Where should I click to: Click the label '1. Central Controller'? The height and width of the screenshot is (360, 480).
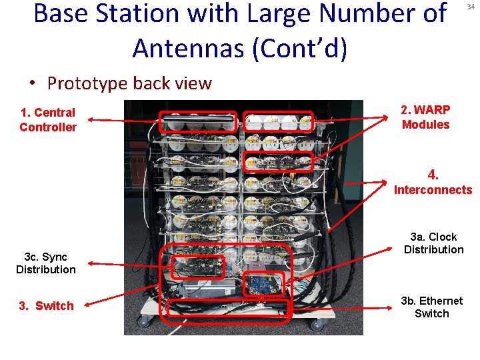48,120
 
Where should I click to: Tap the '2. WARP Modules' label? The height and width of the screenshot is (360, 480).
425,117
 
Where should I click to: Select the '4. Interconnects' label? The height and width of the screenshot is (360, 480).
433,183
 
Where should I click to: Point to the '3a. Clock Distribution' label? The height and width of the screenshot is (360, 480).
433,243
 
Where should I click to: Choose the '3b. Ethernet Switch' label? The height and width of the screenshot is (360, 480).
431,307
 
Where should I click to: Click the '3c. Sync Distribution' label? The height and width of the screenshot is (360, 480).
46,263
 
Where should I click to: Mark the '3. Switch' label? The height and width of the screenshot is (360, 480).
47,306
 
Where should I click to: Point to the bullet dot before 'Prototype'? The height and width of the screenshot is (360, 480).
32,84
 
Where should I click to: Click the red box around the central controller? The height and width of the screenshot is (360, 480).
199,121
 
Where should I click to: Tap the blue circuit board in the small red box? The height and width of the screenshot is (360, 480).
264,283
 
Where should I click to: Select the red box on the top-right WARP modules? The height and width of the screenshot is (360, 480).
279,121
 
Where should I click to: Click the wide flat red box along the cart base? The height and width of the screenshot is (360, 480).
229,307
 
